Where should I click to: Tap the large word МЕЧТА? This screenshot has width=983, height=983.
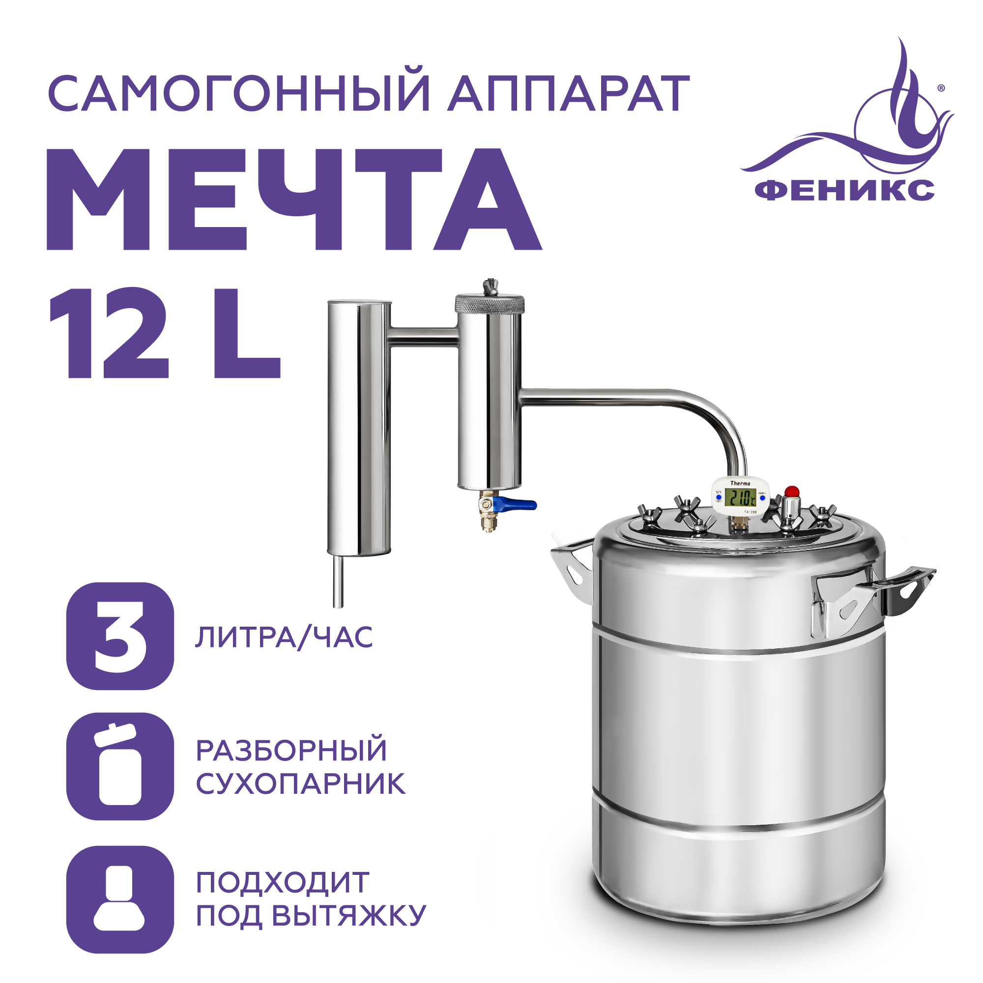[294, 200]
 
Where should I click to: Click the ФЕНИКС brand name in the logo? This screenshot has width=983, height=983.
[844, 190]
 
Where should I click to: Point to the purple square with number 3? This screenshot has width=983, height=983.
[120, 636]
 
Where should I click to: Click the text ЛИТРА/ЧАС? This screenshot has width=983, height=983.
[284, 637]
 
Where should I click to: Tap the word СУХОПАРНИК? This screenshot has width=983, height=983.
[301, 784]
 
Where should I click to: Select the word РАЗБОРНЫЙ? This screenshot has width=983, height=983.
[291, 751]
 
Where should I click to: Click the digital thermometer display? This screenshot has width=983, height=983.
[740, 496]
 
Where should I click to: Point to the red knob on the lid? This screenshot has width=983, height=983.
[792, 491]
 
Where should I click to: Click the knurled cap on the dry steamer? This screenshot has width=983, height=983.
[490, 304]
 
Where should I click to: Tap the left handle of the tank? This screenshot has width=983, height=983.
[573, 568]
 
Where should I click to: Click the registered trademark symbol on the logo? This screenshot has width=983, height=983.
[941, 88]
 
